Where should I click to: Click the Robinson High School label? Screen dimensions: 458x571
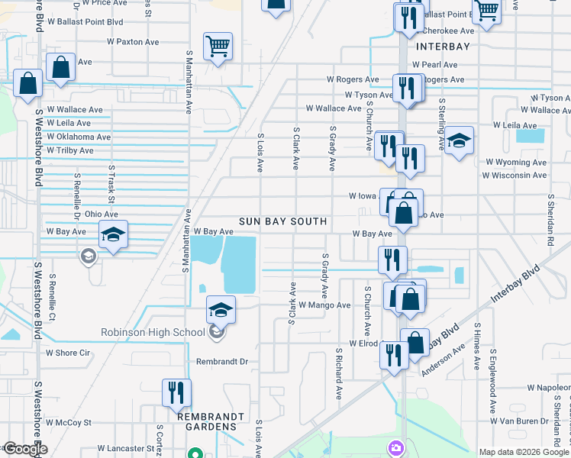point(153,332)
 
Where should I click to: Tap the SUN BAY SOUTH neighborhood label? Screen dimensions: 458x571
point(282,221)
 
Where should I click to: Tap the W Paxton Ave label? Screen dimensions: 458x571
point(133,42)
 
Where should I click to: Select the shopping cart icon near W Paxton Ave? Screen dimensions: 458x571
point(218,46)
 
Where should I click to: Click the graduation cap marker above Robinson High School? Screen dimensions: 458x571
point(221,310)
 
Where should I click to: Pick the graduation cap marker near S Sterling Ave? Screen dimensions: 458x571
point(459,141)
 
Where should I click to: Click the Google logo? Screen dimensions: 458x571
point(24,449)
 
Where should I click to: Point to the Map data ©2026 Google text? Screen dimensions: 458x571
point(524,452)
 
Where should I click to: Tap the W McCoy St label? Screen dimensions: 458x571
point(68,422)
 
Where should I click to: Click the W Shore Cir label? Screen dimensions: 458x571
point(68,353)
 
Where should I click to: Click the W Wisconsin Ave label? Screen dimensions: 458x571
point(514,176)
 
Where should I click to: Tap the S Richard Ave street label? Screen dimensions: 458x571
point(338,375)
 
